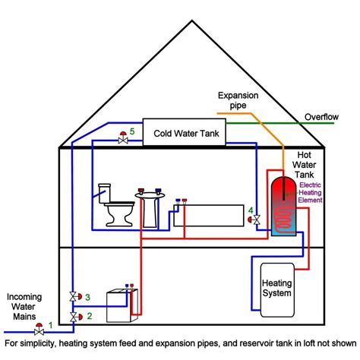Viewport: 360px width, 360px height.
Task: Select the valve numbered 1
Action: point(39,330)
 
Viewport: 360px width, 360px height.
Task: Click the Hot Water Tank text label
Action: point(310,165)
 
